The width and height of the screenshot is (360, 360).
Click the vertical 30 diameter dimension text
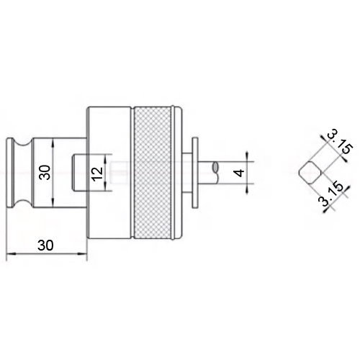click(x=45, y=172)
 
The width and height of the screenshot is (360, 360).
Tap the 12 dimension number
click(x=98, y=172)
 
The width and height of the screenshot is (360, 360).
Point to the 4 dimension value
click(x=239, y=173)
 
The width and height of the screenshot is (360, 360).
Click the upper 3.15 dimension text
click(x=340, y=142)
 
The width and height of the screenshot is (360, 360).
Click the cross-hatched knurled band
click(x=153, y=172)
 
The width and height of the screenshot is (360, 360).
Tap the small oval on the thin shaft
click(x=215, y=167)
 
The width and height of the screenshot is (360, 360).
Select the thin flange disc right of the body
click(x=195, y=172)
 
